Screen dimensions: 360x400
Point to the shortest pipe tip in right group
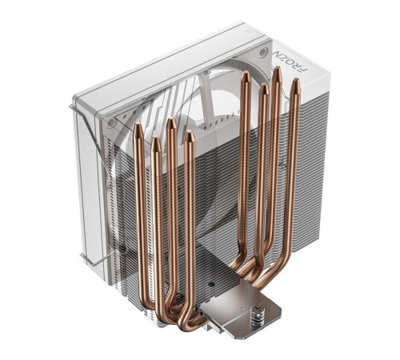[x=262, y=86]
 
